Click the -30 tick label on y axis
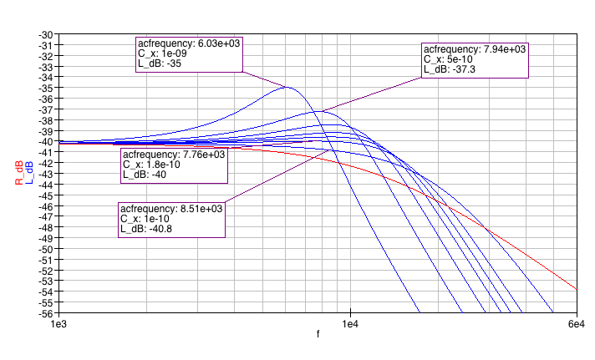pyautogui.click(x=47, y=34)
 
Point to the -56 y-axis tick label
pyautogui.click(x=47, y=314)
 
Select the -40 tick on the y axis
pyautogui.click(x=47, y=142)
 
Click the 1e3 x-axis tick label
pyautogui.click(x=58, y=323)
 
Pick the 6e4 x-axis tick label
pyautogui.click(x=577, y=323)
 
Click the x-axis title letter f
pyautogui.click(x=318, y=334)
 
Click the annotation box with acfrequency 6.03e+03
pyautogui.click(x=189, y=54)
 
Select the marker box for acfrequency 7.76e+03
pyautogui.click(x=174, y=165)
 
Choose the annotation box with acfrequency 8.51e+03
pyautogui.click(x=171, y=219)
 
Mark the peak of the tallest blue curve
pyautogui.click(x=287, y=87)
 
